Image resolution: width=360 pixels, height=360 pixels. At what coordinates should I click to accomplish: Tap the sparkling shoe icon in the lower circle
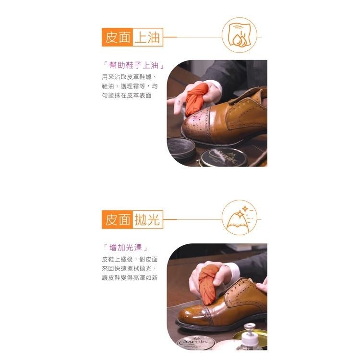239,218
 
